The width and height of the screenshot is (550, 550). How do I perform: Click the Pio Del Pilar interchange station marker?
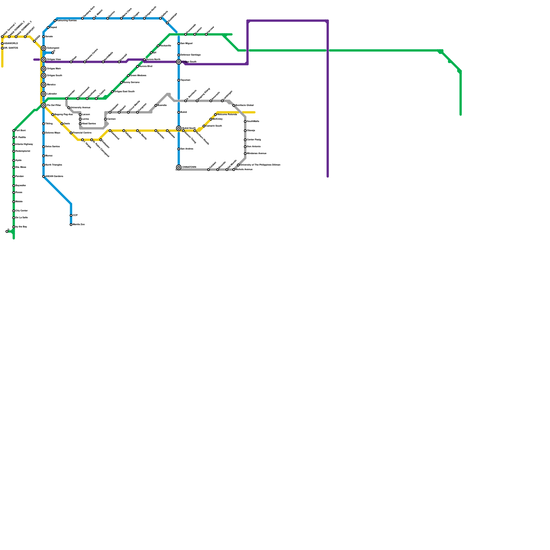[44, 106]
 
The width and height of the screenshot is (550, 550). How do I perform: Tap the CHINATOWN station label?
[189, 167]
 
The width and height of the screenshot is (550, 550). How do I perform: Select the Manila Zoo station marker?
[71, 225]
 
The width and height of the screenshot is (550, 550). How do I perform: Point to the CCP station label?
[75, 216]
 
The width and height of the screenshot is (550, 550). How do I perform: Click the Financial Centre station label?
[82, 133]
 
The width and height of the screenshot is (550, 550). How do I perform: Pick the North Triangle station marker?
[44, 165]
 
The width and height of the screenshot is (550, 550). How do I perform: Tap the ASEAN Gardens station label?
[54, 176]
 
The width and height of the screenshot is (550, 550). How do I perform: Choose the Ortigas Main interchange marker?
[44, 69]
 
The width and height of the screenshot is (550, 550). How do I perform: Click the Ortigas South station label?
[54, 76]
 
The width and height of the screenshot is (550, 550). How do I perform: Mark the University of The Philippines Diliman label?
[260, 165]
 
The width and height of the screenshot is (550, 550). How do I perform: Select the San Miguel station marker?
[179, 44]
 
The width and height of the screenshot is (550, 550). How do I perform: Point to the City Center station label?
[22, 211]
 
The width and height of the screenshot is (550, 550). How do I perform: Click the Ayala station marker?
[14, 161]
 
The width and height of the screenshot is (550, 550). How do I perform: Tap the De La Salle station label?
[22, 218]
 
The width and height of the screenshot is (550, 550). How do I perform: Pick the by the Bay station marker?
[14, 227]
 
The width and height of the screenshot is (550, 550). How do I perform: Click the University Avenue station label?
[80, 108]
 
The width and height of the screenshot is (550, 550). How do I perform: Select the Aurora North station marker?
[144, 60]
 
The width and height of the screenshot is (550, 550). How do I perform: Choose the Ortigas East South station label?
[124, 92]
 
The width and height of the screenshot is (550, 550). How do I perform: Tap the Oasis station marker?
[62, 124]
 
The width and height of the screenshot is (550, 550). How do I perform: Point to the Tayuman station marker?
[179, 80]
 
